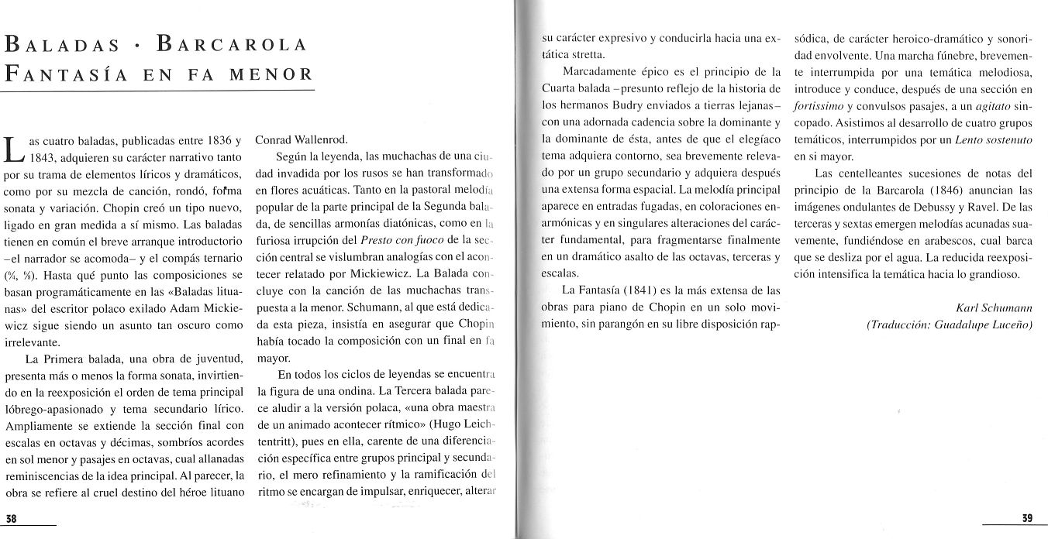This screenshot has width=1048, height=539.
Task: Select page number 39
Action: (x=1027, y=518)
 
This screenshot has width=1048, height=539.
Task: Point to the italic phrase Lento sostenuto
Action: (x=994, y=140)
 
